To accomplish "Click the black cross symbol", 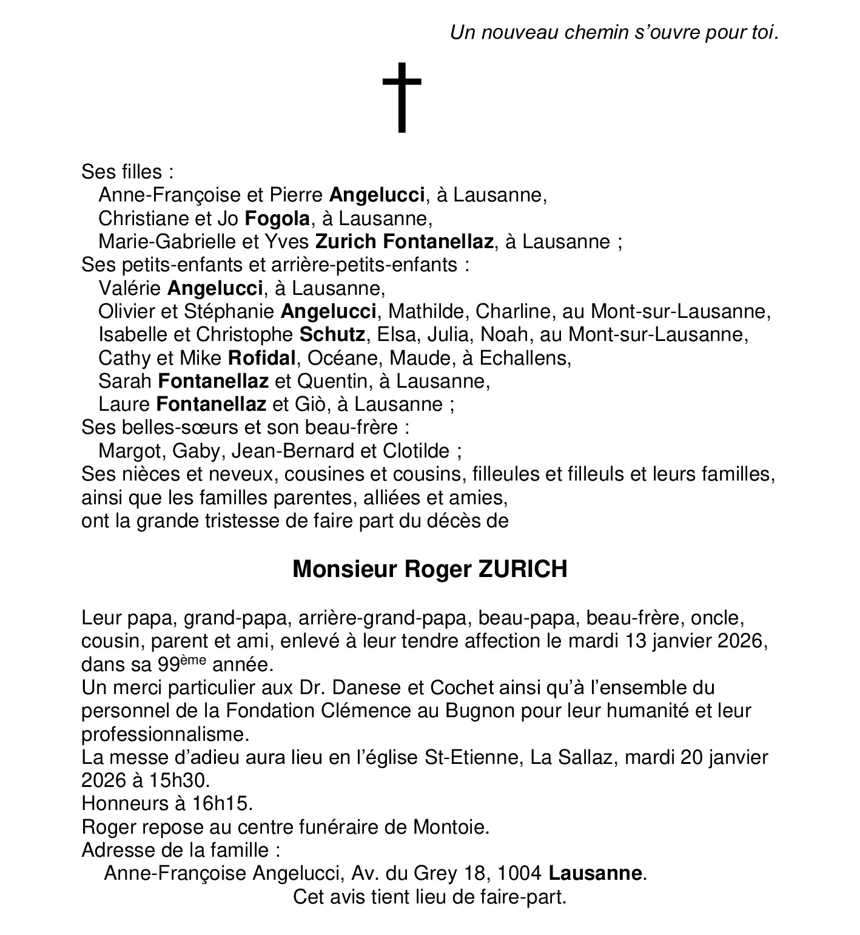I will click(x=401, y=97).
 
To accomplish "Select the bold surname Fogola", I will click(x=277, y=218).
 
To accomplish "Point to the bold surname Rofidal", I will click(x=261, y=358).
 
